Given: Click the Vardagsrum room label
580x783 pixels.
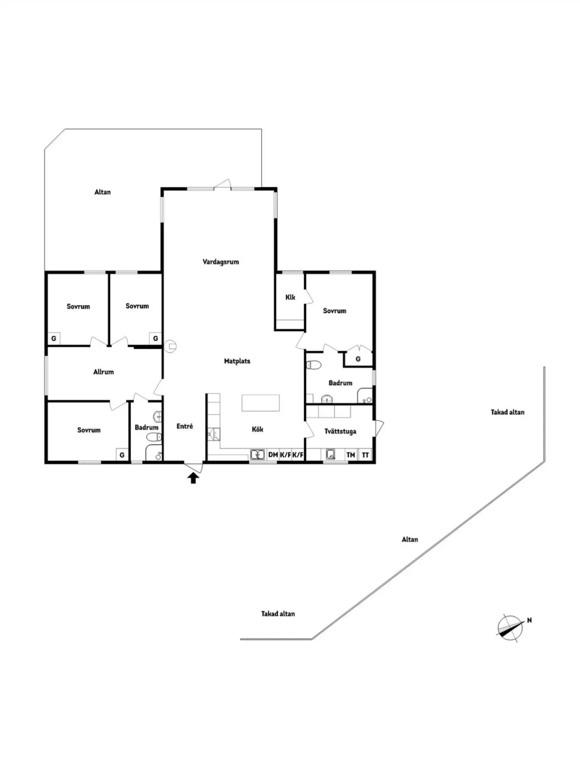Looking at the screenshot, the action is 221,262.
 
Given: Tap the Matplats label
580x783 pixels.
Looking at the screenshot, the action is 237,361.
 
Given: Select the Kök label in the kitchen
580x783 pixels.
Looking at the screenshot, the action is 258,429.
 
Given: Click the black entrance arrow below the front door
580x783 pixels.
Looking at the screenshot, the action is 193,478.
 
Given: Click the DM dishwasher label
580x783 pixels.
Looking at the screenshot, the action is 273,455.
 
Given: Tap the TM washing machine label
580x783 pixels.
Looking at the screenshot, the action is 350,455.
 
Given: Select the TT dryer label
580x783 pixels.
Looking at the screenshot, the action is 365,455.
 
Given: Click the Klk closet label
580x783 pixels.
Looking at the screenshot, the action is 290,297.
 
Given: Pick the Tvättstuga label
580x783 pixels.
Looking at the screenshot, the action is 340,431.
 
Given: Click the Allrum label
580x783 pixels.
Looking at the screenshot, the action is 103,372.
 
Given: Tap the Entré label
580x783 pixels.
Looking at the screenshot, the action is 185,426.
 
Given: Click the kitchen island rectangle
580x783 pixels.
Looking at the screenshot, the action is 261,403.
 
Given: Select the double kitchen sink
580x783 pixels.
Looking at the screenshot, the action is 258,455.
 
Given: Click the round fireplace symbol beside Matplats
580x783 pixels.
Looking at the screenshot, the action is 171,345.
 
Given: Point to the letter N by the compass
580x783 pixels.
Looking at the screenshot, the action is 529,620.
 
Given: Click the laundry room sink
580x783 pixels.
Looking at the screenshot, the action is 330,455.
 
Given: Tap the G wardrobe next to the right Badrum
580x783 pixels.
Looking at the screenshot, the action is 358,359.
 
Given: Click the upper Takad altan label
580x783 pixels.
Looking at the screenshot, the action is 507,412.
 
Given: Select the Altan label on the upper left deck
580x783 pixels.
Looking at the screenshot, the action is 102,192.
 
